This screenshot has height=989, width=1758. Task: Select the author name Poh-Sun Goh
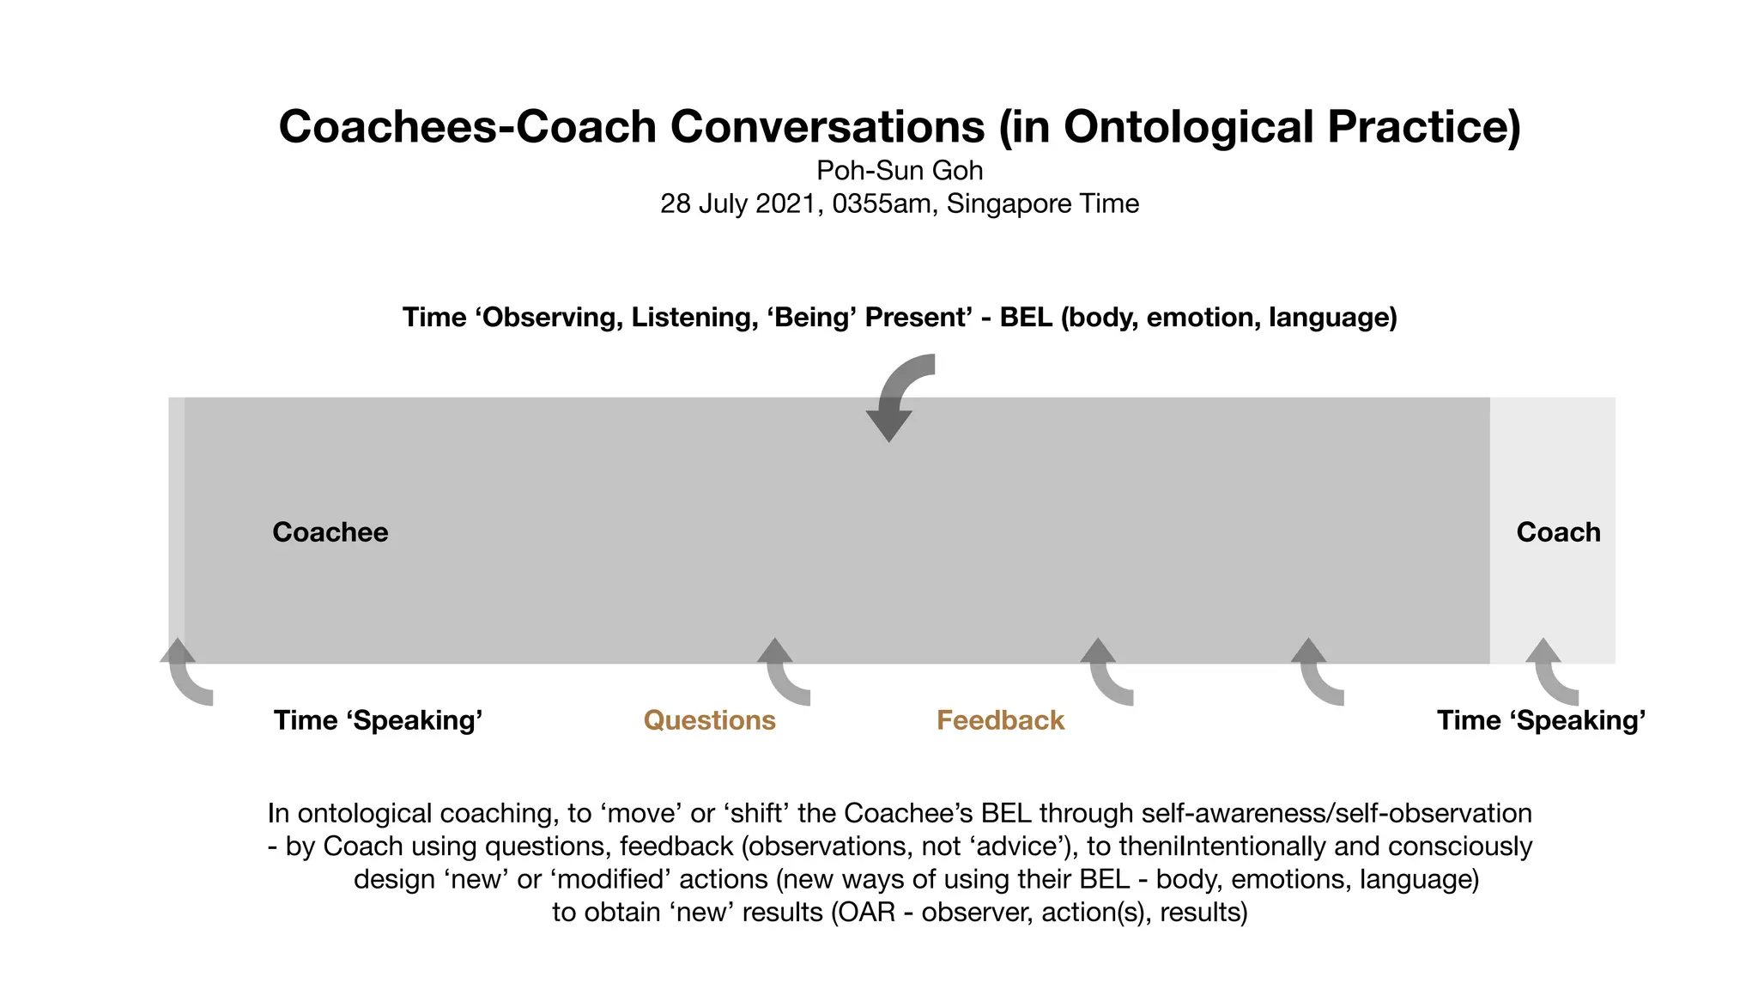point(899,171)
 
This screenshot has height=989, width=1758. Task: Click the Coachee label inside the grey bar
point(330,532)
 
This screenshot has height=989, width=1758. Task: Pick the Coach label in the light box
point(1558,532)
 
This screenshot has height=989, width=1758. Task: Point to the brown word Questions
point(709,720)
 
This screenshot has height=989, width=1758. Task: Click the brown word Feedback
point(1000,720)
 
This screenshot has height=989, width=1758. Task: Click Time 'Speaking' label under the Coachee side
point(378,720)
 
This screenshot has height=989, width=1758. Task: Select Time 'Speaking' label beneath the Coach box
point(1541,720)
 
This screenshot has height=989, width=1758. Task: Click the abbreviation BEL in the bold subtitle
point(1026,318)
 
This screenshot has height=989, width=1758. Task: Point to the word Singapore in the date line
point(996,204)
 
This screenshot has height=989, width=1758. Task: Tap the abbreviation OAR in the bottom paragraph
point(867,912)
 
